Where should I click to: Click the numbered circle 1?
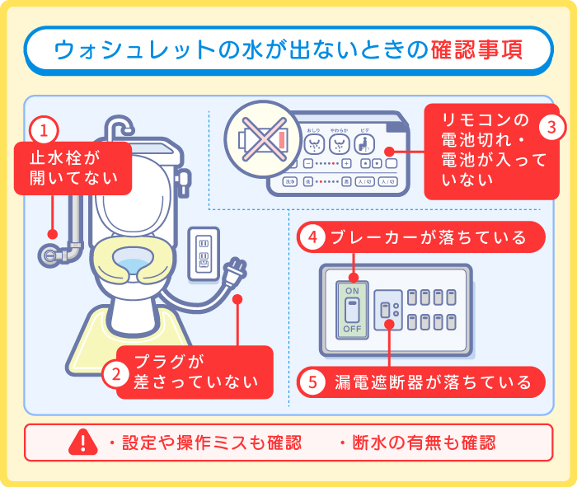coord(44,129)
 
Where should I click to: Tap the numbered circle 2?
coord(117,373)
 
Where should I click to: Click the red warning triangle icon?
coord(83,442)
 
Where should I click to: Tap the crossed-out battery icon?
coord(258,138)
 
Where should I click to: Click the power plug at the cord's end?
coord(235,269)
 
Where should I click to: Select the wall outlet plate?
coord(204,254)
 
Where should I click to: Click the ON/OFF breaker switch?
coord(352,310)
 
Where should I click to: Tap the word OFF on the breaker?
coord(352,329)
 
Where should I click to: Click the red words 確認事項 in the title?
coord(476,50)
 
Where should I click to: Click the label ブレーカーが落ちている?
coord(429,238)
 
